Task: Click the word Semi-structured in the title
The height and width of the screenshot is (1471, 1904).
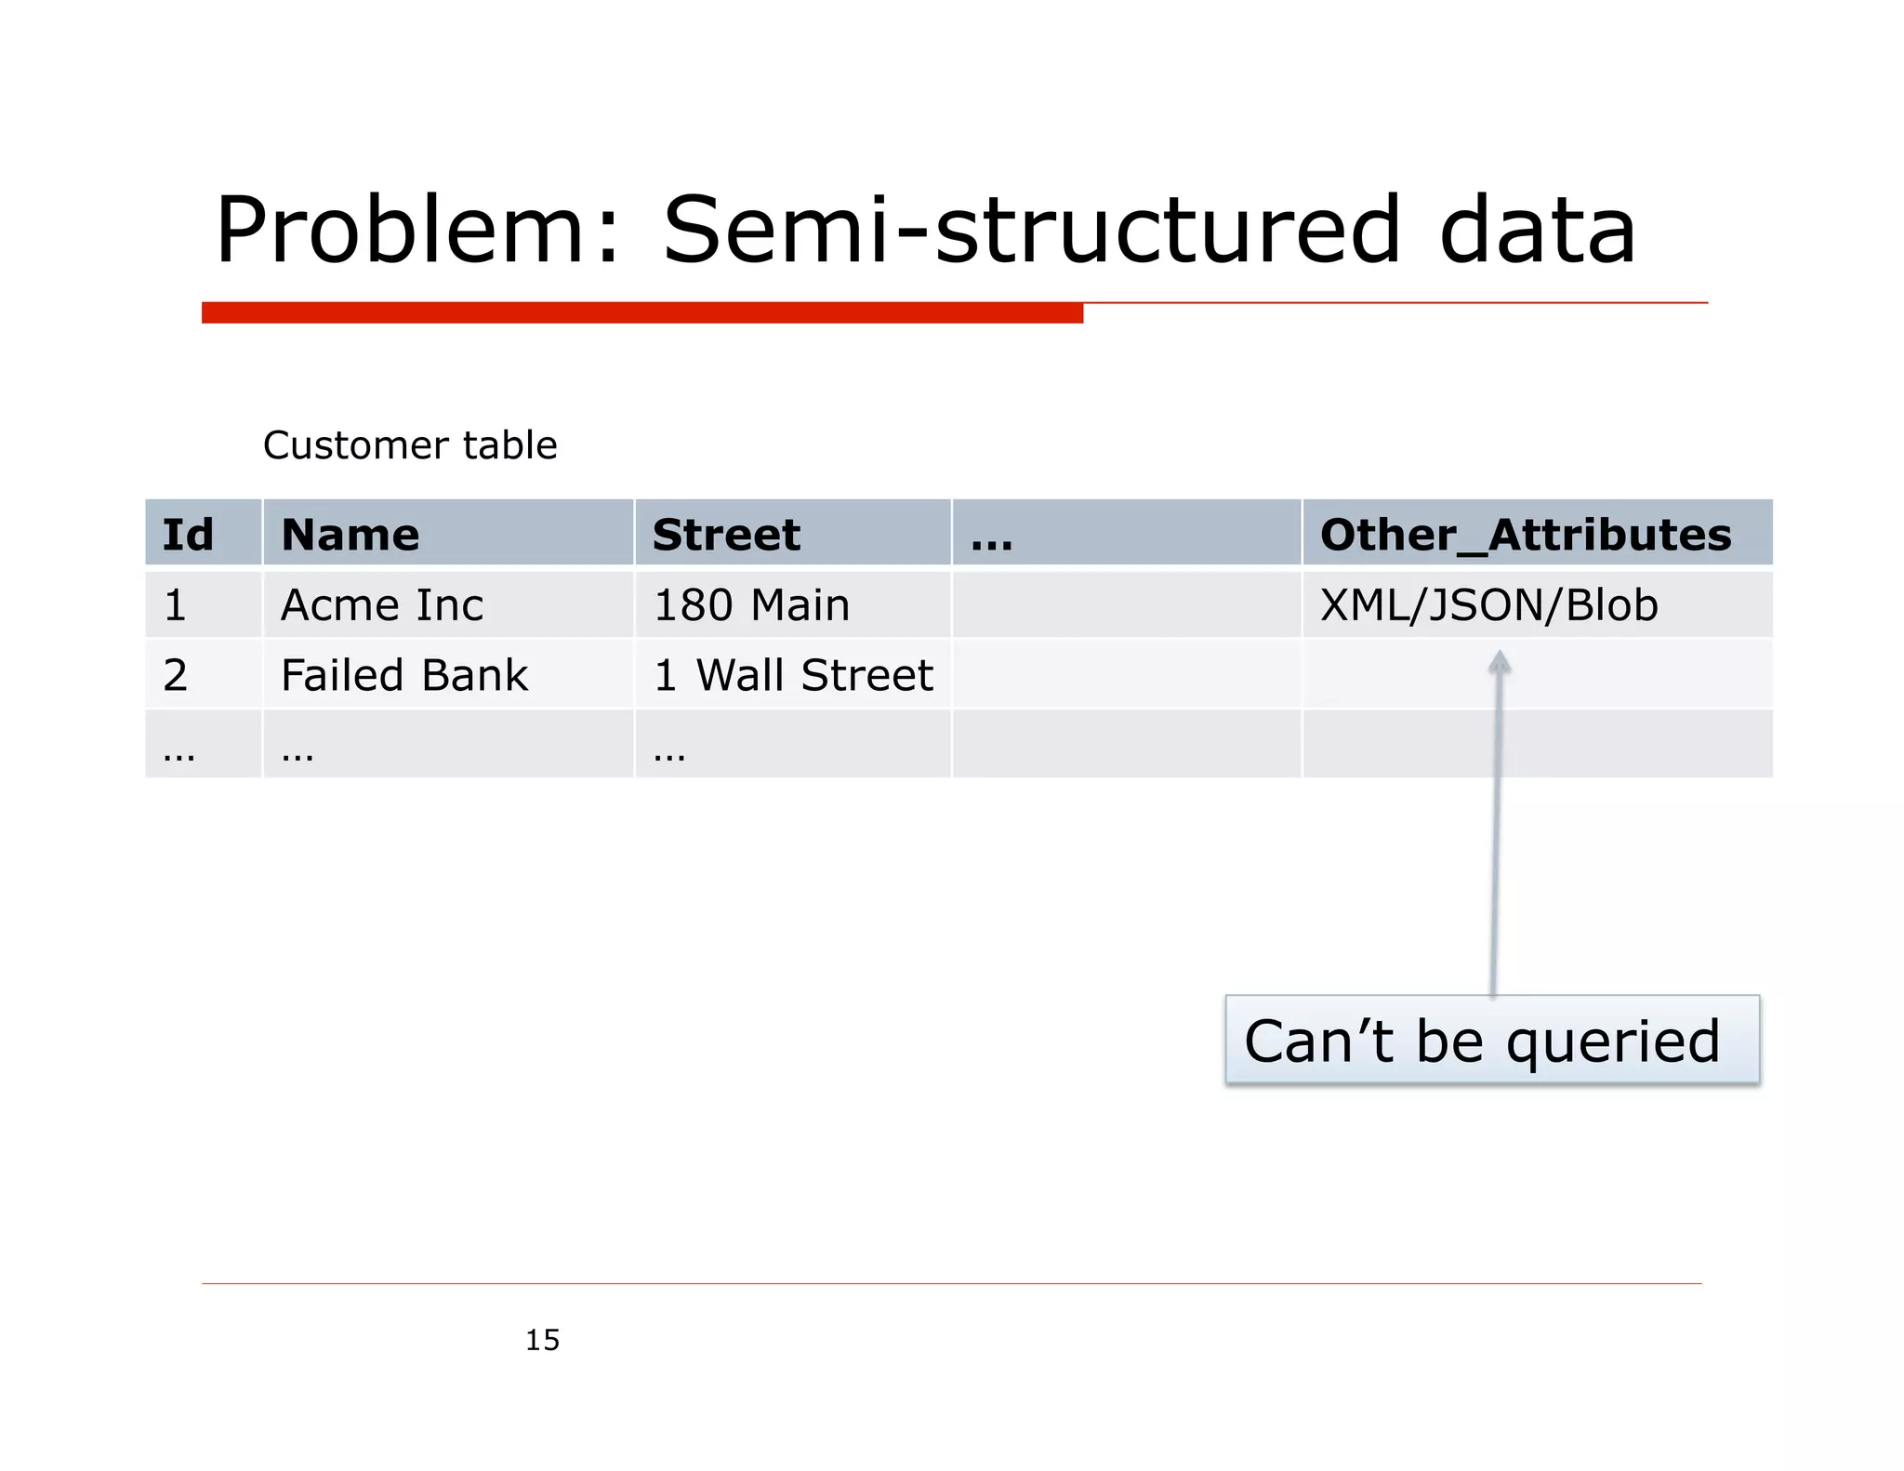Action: [x=1030, y=230]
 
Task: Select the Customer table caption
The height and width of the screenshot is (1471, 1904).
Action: [x=410, y=445]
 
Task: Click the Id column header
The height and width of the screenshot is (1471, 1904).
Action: [x=188, y=535]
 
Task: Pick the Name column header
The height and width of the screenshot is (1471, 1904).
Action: [x=350, y=535]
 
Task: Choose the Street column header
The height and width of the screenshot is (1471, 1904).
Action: [x=726, y=535]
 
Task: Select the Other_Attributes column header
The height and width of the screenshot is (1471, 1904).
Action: [x=1526, y=535]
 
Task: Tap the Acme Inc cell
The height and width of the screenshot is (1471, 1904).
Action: [x=382, y=605]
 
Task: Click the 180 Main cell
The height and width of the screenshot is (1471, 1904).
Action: [x=751, y=605]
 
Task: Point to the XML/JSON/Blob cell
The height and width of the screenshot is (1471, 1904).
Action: [x=1488, y=605]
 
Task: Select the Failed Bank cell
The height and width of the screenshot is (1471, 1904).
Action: [x=404, y=675]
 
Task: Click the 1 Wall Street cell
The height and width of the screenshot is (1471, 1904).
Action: [x=793, y=675]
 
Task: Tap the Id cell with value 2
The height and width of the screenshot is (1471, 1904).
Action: [x=176, y=675]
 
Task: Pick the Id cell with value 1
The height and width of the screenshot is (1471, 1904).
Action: [x=176, y=605]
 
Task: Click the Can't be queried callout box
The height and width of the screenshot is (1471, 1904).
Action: [x=1491, y=1040]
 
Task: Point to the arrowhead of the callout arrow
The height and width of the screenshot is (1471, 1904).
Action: [x=1499, y=662]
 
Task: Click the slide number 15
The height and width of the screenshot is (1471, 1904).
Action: [x=542, y=1340]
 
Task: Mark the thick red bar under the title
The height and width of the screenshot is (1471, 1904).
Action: [x=641, y=312]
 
